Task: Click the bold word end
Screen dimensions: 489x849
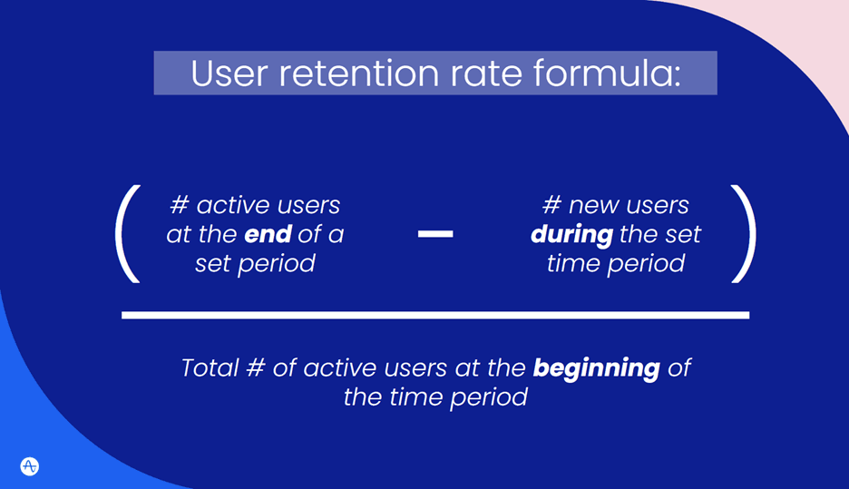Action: click(x=268, y=234)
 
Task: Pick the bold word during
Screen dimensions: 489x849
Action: click(x=571, y=234)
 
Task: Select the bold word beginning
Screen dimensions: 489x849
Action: click(x=596, y=368)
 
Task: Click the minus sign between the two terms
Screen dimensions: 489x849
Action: click(x=435, y=234)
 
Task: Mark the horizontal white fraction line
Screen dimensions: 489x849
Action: click(x=435, y=315)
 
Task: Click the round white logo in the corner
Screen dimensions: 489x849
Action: click(x=29, y=466)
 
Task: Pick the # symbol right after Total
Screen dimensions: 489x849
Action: click(x=253, y=368)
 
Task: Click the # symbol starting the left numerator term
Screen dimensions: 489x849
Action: click(x=179, y=205)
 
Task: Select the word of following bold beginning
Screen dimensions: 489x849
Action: click(x=678, y=368)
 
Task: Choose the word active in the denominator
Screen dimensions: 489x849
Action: click(x=338, y=368)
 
